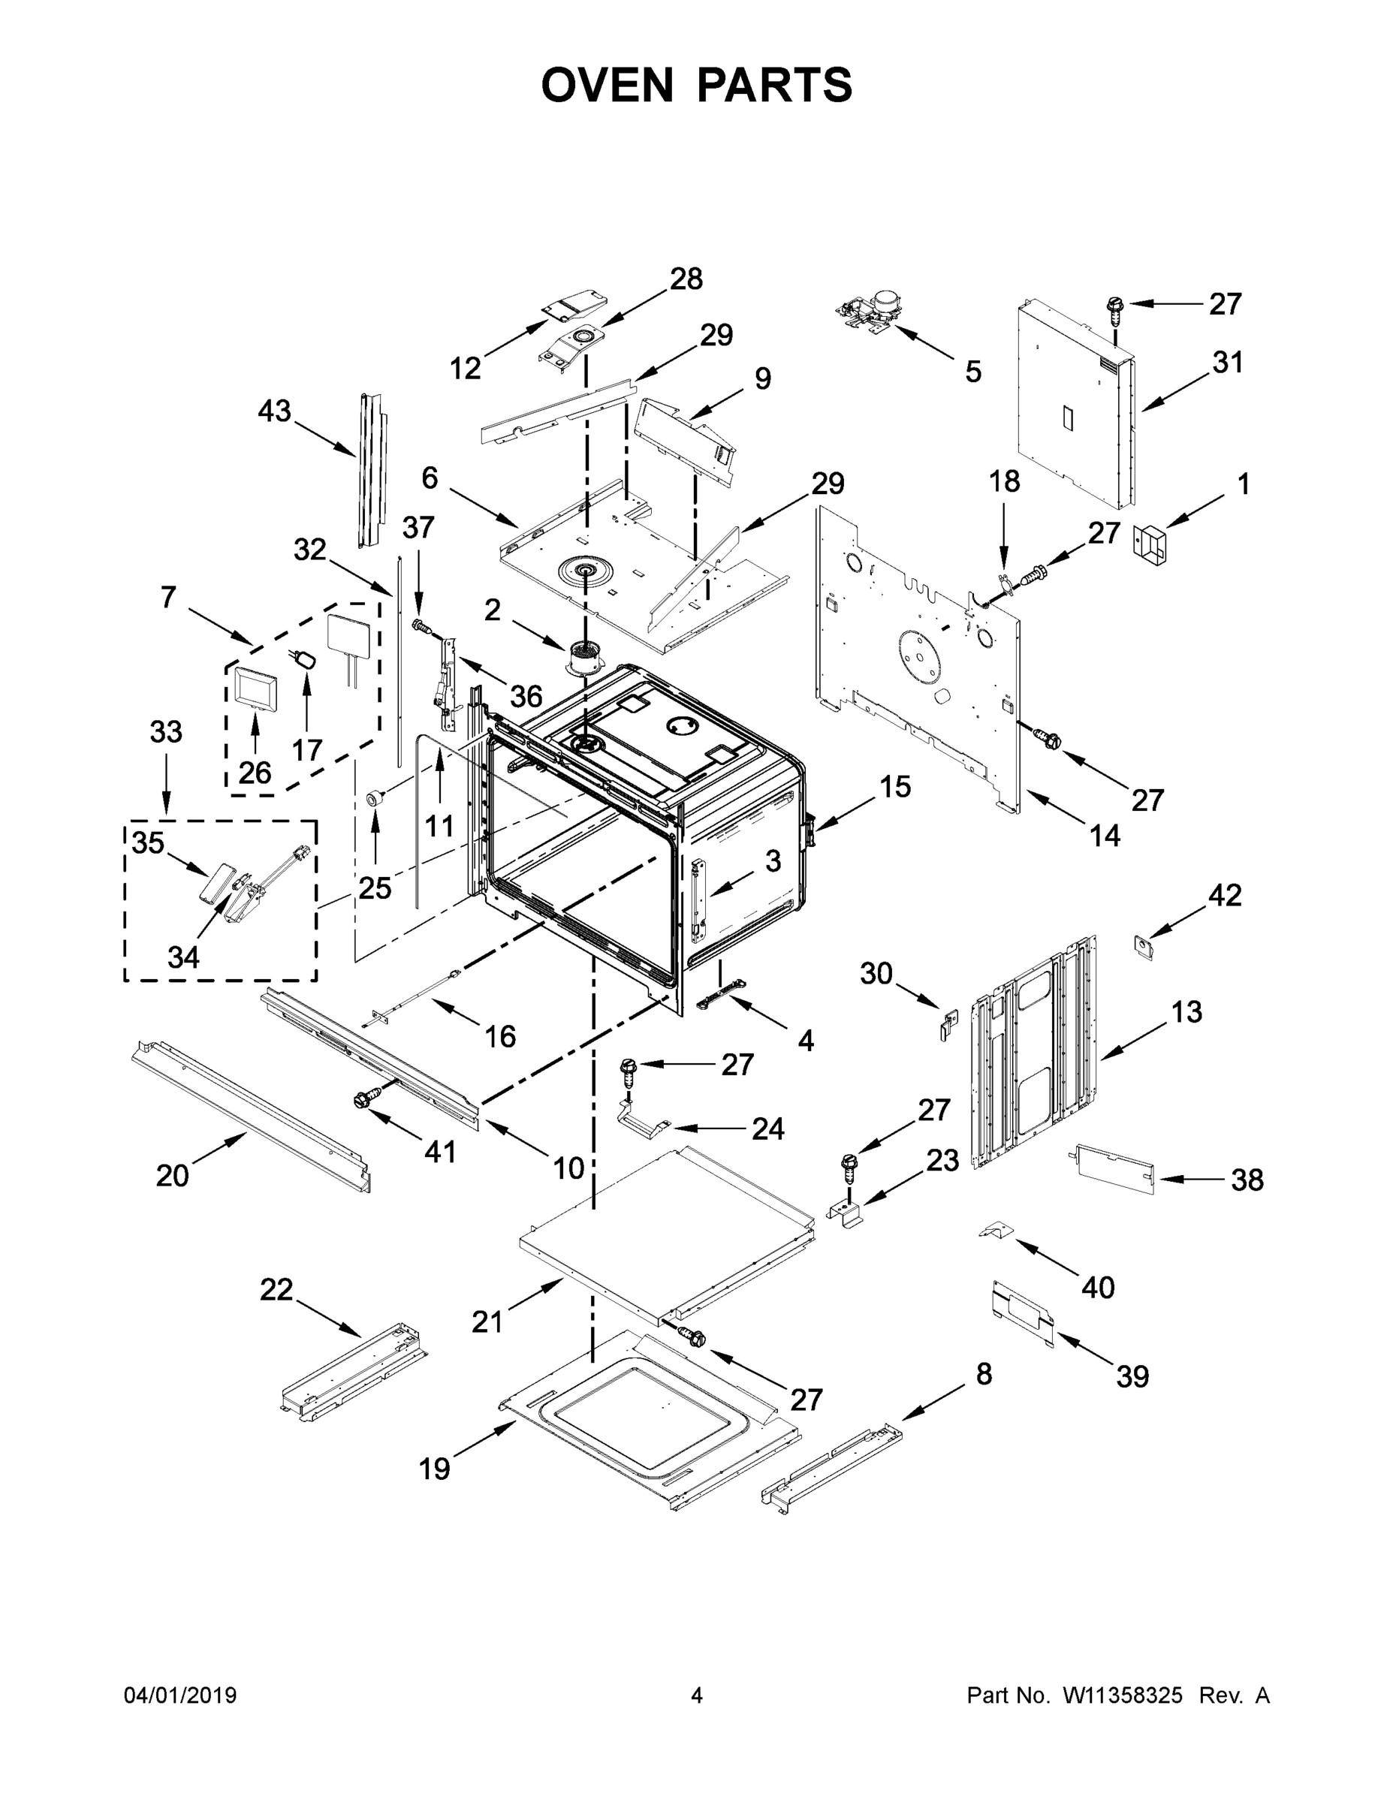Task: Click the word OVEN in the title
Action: pos(608,84)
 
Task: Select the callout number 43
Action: pos(274,410)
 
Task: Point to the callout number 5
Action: pos(974,372)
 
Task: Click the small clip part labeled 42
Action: pos(1143,948)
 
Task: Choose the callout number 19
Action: pos(434,1469)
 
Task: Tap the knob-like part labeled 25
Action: pos(375,798)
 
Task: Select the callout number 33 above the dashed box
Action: pos(166,731)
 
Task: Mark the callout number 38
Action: pos(1247,1180)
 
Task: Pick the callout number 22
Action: pos(276,1290)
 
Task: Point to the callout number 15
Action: pos(894,786)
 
